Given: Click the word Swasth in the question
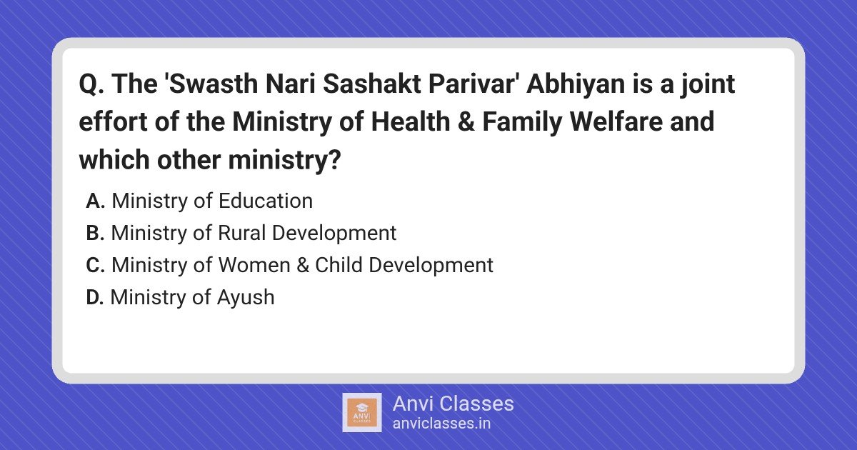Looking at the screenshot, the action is pyautogui.click(x=214, y=84).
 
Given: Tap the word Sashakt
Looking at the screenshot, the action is pyautogui.click(x=372, y=84).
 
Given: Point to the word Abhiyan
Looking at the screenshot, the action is pyautogui.click(x=576, y=84).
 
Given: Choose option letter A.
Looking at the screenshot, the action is pyautogui.click(x=96, y=201).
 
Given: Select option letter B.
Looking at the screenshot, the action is pyautogui.click(x=95, y=233).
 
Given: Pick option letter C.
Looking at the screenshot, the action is pyautogui.click(x=96, y=265).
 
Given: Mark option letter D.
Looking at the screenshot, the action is pyautogui.click(x=95, y=297).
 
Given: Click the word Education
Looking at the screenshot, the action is pyautogui.click(x=266, y=201).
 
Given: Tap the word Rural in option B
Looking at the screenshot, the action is pyautogui.click(x=242, y=233).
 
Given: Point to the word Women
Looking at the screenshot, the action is pyautogui.click(x=254, y=265).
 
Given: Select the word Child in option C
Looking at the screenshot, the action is pyautogui.click(x=339, y=265).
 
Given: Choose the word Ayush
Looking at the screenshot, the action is pyautogui.click(x=246, y=298).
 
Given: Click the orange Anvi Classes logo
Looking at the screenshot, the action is pyautogui.click(x=362, y=413).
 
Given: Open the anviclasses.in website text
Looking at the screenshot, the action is pyautogui.click(x=441, y=424).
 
